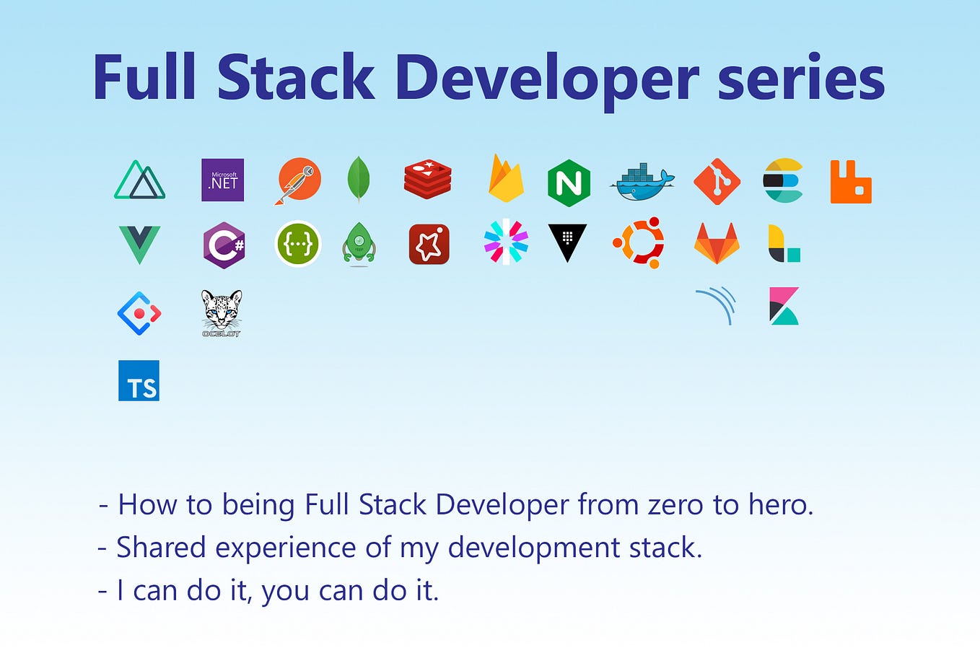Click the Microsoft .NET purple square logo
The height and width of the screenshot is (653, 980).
click(x=223, y=180)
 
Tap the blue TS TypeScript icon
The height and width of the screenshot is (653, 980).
click(x=139, y=380)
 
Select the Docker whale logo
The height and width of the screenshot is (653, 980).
click(x=642, y=182)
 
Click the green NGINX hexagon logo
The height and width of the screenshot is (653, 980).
click(x=569, y=183)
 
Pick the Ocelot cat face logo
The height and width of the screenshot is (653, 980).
click(x=222, y=313)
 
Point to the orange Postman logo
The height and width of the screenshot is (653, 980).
click(x=299, y=180)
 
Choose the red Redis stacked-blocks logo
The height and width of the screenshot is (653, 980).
click(x=427, y=180)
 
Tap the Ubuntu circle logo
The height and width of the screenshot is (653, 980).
click(x=639, y=242)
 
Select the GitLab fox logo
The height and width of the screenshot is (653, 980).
click(x=717, y=243)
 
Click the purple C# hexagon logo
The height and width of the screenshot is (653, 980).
click(x=224, y=245)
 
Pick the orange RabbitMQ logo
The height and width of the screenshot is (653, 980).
click(x=851, y=182)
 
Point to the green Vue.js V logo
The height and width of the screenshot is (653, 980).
click(x=139, y=245)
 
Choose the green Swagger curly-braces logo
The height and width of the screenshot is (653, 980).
click(x=298, y=244)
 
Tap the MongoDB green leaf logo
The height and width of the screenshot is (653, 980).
click(x=359, y=180)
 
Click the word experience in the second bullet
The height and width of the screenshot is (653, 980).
click(x=286, y=548)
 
